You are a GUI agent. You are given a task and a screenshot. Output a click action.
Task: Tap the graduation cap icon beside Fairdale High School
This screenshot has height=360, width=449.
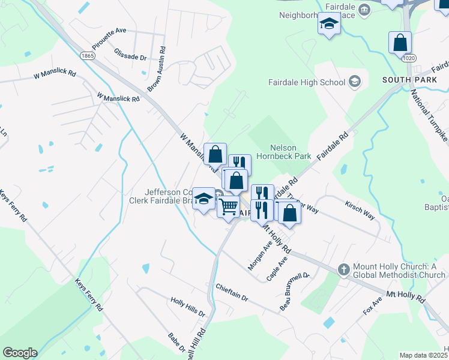355,82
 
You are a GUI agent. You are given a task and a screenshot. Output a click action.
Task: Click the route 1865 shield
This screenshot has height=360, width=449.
88,55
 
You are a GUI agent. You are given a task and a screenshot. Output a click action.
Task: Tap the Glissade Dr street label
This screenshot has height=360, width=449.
131,55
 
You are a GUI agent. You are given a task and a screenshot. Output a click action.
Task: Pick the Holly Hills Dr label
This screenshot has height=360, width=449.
187,306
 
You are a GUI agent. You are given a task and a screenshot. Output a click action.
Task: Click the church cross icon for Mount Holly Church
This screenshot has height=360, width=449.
343,268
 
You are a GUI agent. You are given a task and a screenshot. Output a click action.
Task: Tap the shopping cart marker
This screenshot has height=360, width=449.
229,206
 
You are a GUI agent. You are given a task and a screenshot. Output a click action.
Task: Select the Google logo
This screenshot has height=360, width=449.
20,353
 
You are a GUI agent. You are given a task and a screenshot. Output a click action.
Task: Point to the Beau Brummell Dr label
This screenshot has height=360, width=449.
294,292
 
